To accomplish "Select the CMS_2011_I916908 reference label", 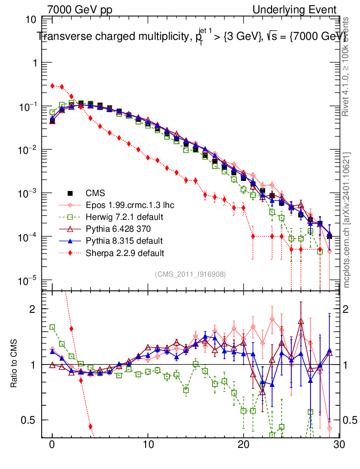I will [190, 274].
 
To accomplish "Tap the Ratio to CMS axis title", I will [15, 364].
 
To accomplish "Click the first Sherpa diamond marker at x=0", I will [52, 86].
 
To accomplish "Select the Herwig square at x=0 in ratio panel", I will [52, 327].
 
